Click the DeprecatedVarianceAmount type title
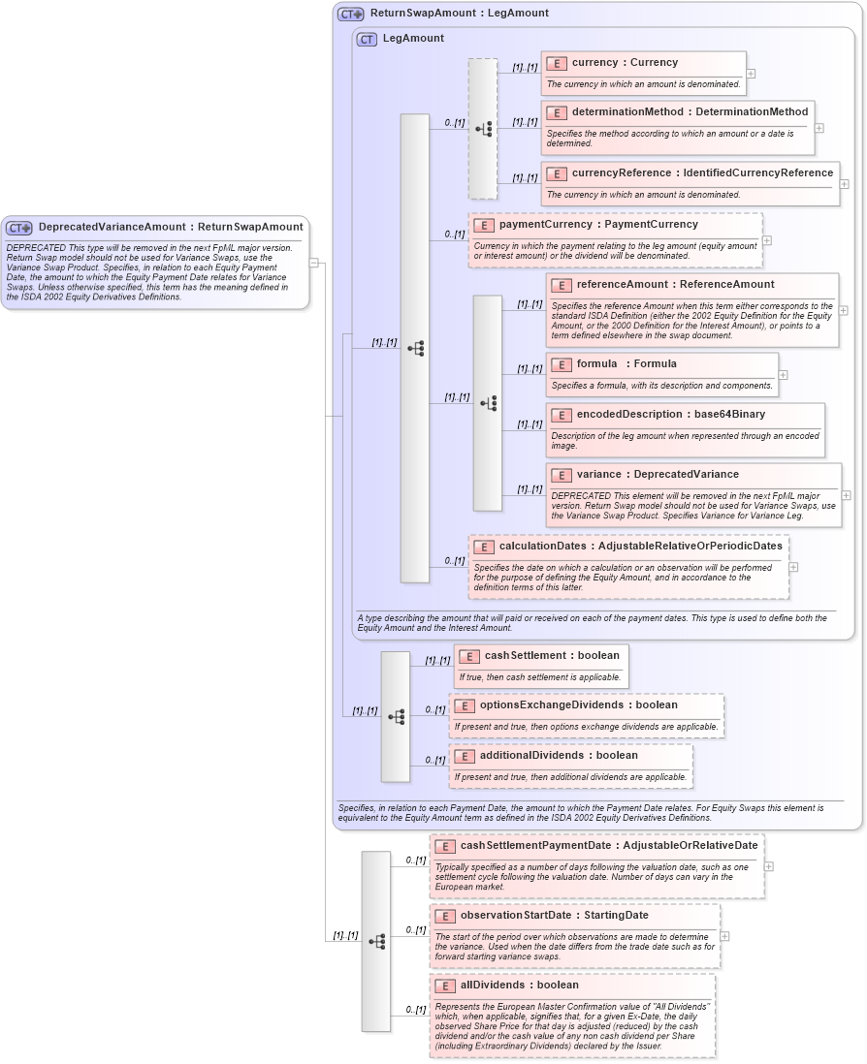(x=170, y=227)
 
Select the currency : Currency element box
(x=643, y=73)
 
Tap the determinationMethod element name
(x=689, y=111)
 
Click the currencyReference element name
(x=701, y=172)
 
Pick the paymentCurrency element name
(x=597, y=224)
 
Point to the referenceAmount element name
(x=675, y=284)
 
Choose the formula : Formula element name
(x=626, y=363)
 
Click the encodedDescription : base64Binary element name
(x=670, y=414)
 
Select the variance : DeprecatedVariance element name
(x=658, y=474)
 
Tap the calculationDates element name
(x=640, y=546)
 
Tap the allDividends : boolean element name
(x=519, y=985)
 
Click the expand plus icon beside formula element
(x=784, y=375)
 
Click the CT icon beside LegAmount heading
(x=367, y=39)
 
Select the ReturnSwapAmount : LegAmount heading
(x=459, y=14)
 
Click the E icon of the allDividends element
(x=445, y=986)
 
